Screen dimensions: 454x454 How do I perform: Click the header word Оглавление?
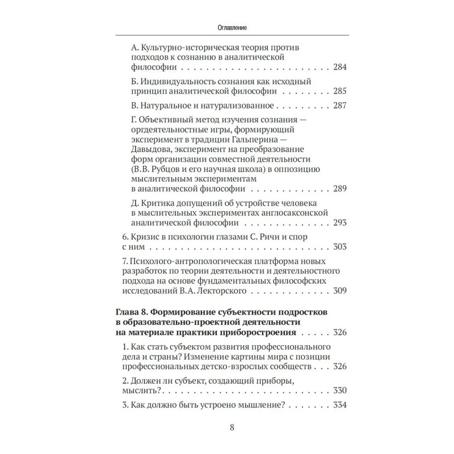pyautogui.click(x=226, y=27)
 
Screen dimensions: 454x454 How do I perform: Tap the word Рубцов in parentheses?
pyautogui.click(x=167, y=170)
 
